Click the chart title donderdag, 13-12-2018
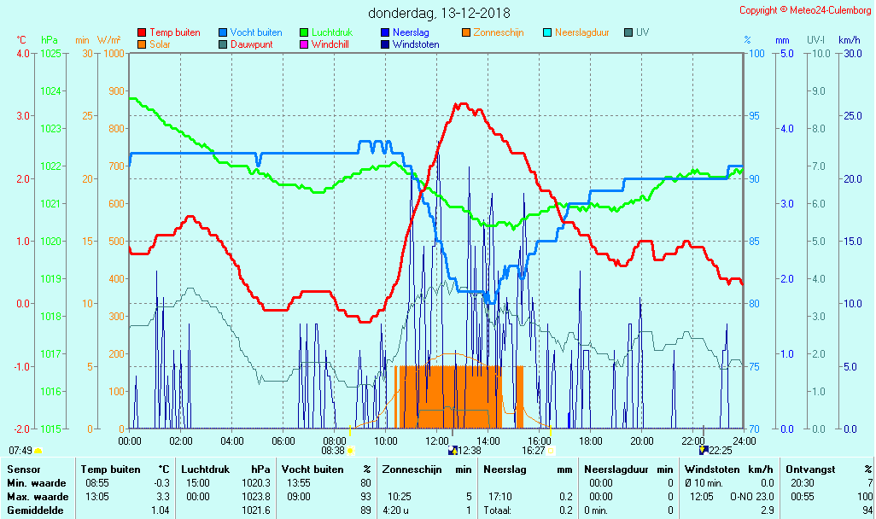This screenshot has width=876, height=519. coord(439,14)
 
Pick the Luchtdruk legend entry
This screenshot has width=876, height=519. coord(326,32)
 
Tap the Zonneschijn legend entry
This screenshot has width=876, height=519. coord(499,32)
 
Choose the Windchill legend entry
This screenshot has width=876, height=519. coord(330,44)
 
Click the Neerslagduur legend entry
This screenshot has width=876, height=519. coord(587,32)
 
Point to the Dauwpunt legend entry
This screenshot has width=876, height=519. coord(251,44)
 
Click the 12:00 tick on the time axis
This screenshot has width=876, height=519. coord(436,440)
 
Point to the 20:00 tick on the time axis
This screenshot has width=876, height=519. coord(641,440)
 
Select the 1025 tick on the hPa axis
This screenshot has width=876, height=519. coord(50,53)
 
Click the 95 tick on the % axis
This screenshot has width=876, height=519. coord(756,116)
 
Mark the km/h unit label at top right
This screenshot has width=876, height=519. coord(849,40)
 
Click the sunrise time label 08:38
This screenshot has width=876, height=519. coord(333,450)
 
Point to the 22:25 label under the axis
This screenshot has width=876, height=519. coord(720,450)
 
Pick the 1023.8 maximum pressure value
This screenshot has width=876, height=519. coord(256,497)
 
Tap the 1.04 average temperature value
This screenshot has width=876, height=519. coord(159,510)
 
